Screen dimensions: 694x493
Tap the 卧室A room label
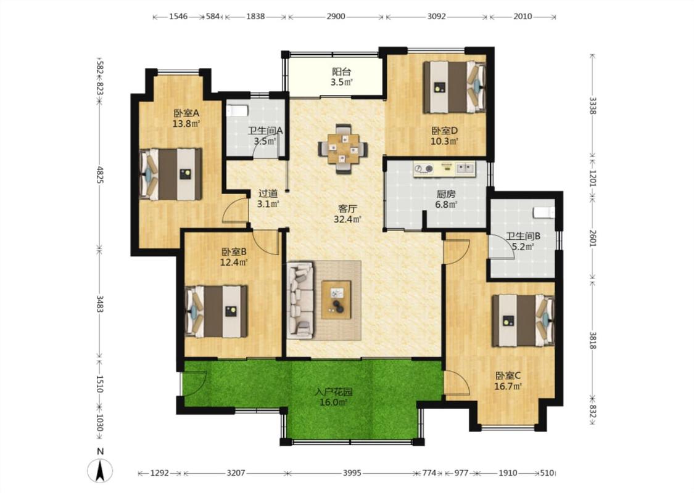point(186,113)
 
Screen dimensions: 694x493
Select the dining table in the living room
point(343,149)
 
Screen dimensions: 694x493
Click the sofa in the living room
point(300,301)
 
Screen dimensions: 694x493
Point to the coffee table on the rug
point(336,299)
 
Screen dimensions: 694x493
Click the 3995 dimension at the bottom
point(352,473)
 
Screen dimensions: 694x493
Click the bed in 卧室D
point(454,87)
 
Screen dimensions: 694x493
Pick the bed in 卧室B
point(216,311)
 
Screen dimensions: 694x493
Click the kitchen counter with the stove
point(444,169)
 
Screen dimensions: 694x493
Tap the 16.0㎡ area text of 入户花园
point(333,402)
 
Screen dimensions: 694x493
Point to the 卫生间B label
point(523,236)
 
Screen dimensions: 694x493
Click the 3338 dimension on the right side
point(592,105)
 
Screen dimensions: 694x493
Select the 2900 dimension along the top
point(336,17)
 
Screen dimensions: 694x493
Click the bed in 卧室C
point(523,320)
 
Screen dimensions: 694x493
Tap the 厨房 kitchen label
point(445,194)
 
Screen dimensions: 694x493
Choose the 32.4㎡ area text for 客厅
point(347,219)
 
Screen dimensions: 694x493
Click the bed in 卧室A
point(171,174)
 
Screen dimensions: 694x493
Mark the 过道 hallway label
point(268,194)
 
